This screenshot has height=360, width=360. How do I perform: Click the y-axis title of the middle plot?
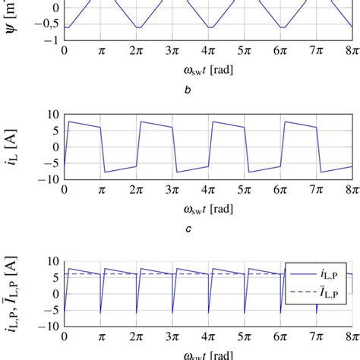14,149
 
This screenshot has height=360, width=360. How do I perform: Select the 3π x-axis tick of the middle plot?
172,190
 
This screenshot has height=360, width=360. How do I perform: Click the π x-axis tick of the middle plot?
100,190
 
